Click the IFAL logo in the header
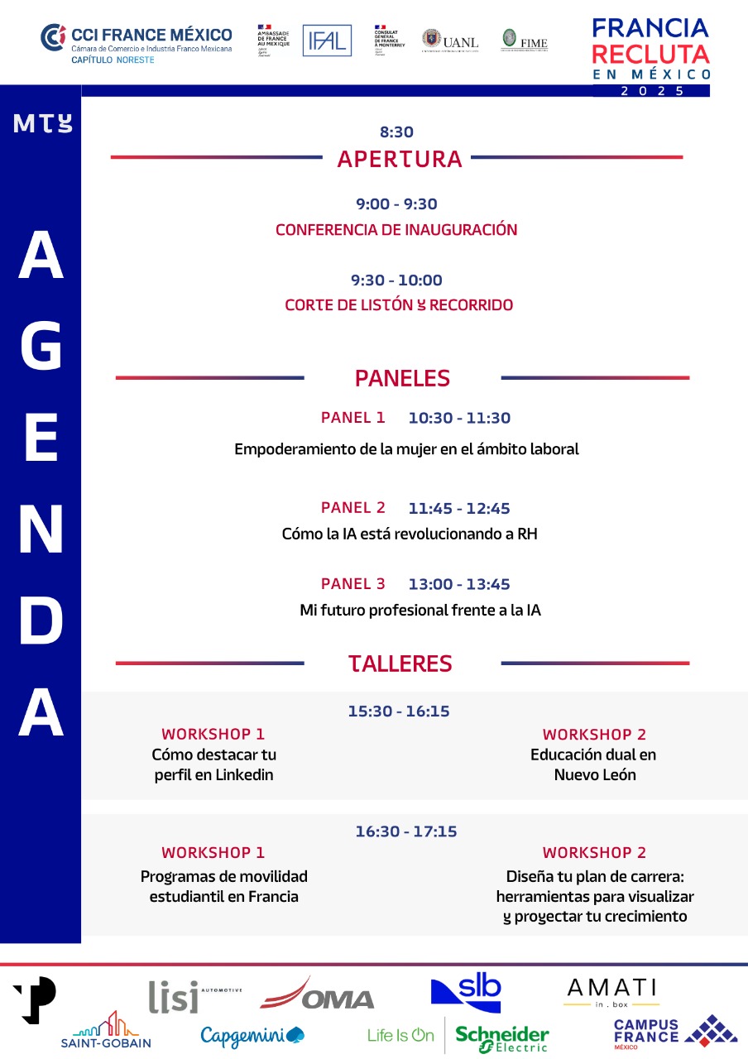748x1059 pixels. tap(327, 41)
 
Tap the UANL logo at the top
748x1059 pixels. tap(450, 41)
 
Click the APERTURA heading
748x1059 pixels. tap(400, 159)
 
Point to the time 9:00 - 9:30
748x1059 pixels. tap(396, 204)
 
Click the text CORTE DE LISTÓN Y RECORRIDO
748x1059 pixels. tap(399, 305)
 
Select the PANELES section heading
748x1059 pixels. tap(402, 378)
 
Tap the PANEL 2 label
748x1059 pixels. tap(353, 508)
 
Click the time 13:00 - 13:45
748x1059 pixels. tap(459, 584)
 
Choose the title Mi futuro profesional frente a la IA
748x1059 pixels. tap(420, 611)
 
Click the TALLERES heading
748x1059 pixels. tap(400, 664)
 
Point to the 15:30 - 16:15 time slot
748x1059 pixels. tap(399, 711)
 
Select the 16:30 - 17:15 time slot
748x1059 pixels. tap(406, 831)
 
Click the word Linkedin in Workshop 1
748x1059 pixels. tap(244, 775)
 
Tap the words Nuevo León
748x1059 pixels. tap(595, 775)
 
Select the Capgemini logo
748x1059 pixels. tap(252, 1035)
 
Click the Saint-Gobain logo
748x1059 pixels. tap(106, 1031)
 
